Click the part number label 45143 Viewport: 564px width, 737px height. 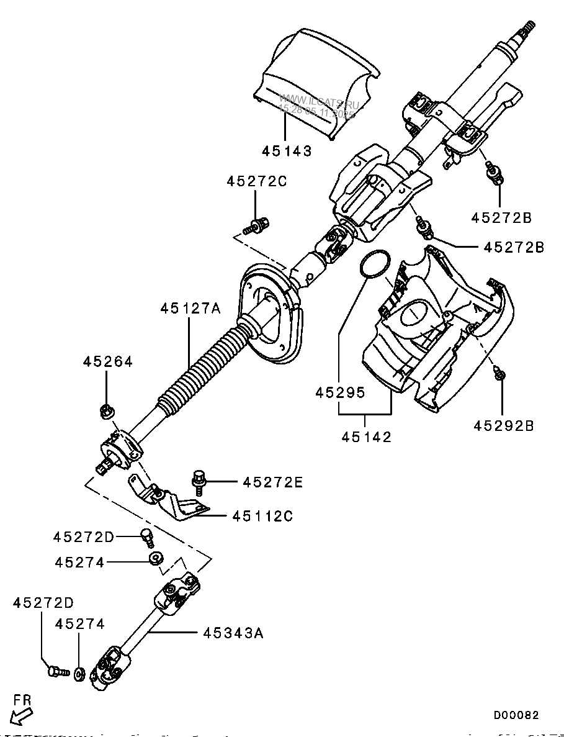click(286, 151)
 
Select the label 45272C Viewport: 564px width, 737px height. click(257, 182)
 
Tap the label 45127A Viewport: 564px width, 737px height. click(190, 308)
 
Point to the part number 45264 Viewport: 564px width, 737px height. click(108, 362)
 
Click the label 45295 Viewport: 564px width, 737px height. click(339, 393)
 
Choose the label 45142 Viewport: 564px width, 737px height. click(366, 437)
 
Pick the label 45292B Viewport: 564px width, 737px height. click(503, 426)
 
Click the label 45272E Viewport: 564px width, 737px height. click(273, 482)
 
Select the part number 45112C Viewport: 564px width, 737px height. click(263, 516)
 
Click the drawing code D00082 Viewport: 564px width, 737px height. click(516, 715)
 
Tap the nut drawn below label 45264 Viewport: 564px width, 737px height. click(105, 410)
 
